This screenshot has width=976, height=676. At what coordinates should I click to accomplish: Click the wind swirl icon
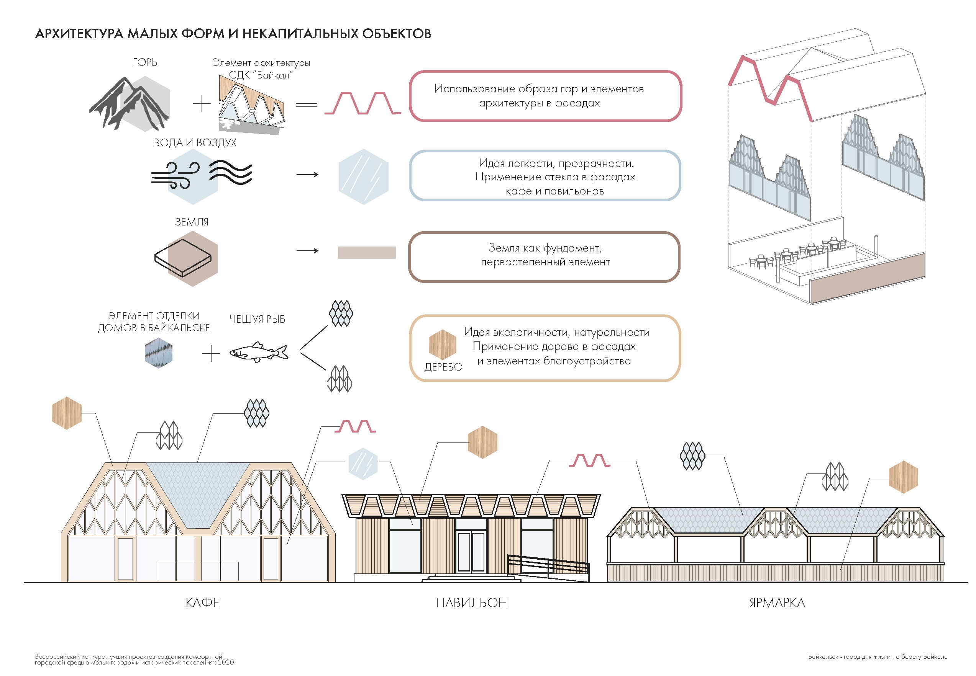pyautogui.click(x=176, y=175)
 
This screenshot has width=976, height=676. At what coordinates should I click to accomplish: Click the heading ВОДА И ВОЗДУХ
pyautogui.click(x=195, y=143)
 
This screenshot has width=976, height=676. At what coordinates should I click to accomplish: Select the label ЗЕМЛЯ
pyautogui.click(x=192, y=222)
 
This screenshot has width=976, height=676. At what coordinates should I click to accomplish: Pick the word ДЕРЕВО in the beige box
pyautogui.click(x=443, y=367)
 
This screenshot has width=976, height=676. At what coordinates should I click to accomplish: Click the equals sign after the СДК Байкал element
pyautogui.click(x=306, y=105)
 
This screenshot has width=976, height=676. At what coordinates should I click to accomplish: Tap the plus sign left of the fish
pyautogui.click(x=211, y=353)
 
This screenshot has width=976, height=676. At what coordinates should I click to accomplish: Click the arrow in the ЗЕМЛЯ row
pyautogui.click(x=307, y=251)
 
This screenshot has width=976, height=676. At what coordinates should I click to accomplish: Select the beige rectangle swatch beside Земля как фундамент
pyautogui.click(x=366, y=252)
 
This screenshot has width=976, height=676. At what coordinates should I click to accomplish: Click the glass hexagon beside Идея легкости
pyautogui.click(x=363, y=176)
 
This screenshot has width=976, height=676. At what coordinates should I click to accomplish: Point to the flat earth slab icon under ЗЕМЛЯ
pyautogui.click(x=182, y=258)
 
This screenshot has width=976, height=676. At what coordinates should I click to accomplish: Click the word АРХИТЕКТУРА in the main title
pyautogui.click(x=79, y=34)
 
